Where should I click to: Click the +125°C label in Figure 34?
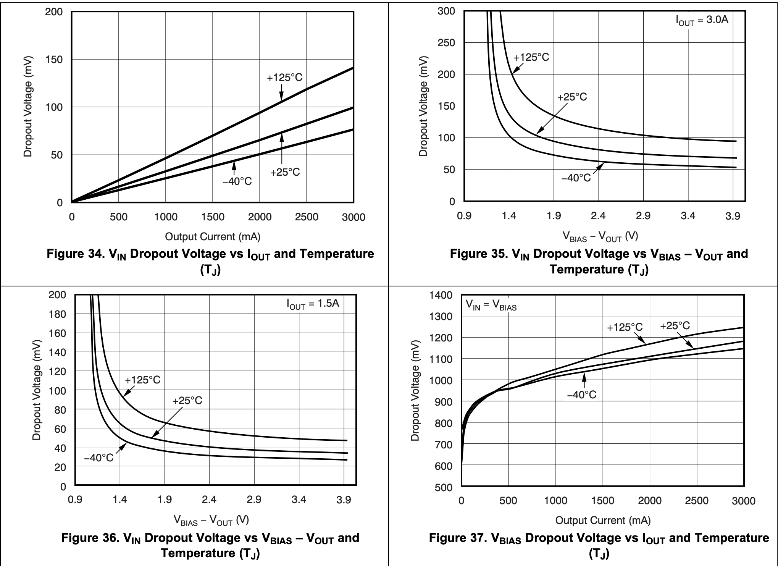(284, 78)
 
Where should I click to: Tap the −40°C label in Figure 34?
(237, 181)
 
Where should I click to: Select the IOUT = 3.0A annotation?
(702, 20)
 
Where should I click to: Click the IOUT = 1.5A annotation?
(313, 304)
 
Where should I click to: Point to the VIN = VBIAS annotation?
(491, 305)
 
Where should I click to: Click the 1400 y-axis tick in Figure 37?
(441, 295)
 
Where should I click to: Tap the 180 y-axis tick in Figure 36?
(57, 314)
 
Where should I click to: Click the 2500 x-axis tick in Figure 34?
(307, 217)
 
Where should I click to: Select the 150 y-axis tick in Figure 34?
(54, 59)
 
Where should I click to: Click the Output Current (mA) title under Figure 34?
(213, 237)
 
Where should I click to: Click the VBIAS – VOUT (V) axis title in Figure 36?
(211, 520)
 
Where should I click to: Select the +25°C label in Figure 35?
(572, 97)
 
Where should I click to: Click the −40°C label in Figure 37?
(581, 395)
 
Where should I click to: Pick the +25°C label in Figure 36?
(187, 401)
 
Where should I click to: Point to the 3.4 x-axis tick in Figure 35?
(688, 216)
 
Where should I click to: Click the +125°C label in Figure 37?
(625, 327)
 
